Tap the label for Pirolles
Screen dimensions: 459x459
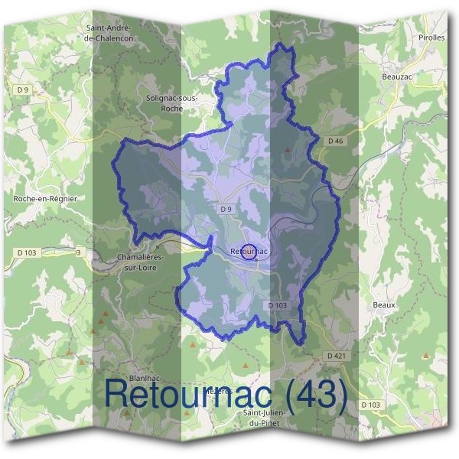coord(431,37)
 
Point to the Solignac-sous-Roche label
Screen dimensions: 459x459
coord(171,103)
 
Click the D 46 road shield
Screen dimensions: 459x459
coord(336,141)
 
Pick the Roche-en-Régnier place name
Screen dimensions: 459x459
coord(47,199)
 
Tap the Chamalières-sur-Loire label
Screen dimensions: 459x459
coord(145,262)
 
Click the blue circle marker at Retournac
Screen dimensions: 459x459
coord(249,251)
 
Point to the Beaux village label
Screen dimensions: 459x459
coord(384,304)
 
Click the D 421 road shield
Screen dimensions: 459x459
coord(336,356)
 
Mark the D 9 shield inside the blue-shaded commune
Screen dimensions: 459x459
coord(225,209)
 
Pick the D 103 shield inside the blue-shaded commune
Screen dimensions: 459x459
coord(278,305)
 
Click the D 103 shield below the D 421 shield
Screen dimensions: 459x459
coord(369,405)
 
